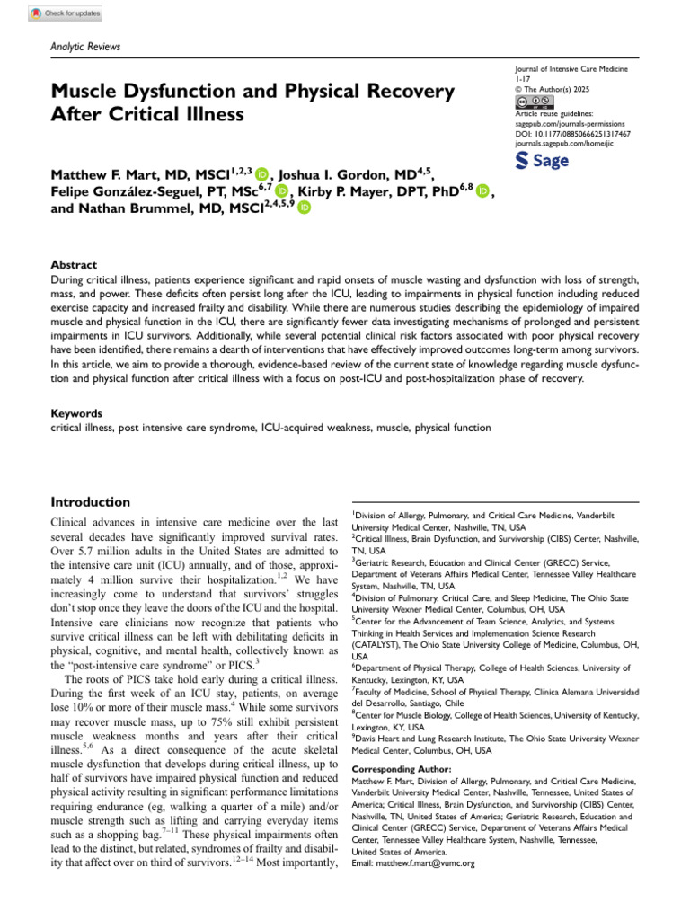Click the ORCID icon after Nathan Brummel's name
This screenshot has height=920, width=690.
click(304, 208)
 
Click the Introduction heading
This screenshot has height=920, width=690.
click(90, 502)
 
